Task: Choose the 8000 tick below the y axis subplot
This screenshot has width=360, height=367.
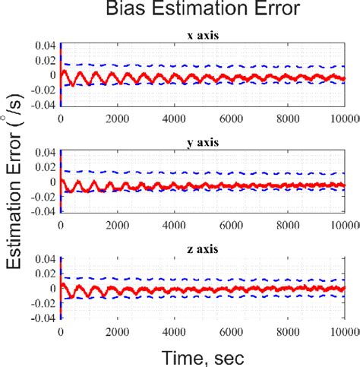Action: [x=289, y=226]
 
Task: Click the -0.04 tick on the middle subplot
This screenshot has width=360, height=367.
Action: [x=42, y=212]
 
